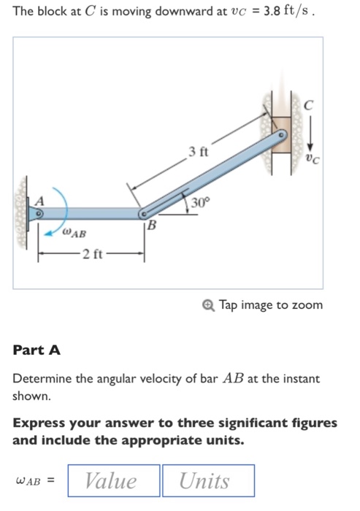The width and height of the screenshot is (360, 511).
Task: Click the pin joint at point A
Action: click(39, 214)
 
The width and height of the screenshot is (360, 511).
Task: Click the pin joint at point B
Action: click(144, 214)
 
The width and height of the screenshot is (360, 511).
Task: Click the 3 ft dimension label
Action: click(197, 153)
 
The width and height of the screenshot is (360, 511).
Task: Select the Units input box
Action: click(208, 480)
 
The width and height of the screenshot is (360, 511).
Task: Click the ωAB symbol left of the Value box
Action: click(33, 481)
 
